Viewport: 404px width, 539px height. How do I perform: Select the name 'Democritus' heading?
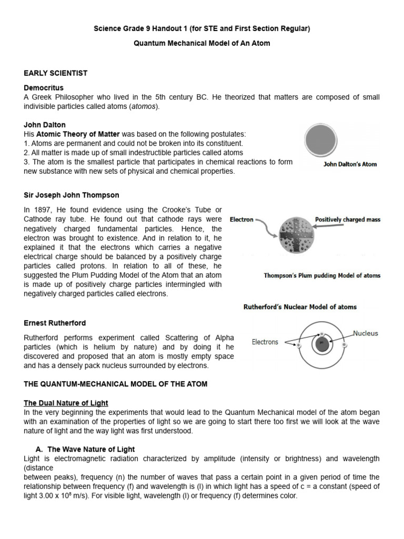[44, 87]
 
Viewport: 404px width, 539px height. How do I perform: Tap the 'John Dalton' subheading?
[45, 125]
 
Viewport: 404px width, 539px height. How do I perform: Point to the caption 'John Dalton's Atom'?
[350, 164]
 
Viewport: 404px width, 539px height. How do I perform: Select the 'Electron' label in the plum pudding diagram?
[242, 219]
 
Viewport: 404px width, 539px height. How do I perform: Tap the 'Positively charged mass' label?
[348, 219]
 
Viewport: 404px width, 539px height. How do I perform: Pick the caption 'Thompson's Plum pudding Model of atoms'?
[322, 275]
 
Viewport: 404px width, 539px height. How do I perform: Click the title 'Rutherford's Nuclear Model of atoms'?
[299, 307]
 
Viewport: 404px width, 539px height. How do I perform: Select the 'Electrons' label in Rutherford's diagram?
[265, 342]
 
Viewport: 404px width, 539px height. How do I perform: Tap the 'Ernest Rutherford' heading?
[55, 323]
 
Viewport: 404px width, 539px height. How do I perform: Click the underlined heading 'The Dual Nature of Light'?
[66, 403]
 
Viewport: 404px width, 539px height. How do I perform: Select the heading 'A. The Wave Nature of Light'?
[85, 449]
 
